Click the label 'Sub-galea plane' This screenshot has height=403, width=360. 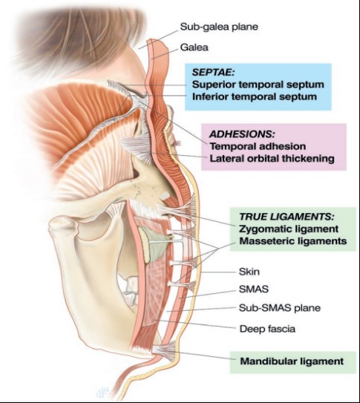(x=219, y=27)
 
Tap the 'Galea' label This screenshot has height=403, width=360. (x=194, y=47)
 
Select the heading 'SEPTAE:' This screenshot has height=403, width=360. (x=213, y=72)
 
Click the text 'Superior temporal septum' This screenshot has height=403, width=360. (x=258, y=85)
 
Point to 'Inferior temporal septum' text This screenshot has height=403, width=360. (x=255, y=96)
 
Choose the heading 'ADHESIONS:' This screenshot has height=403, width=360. (x=242, y=134)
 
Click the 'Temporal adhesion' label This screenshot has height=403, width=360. (x=258, y=146)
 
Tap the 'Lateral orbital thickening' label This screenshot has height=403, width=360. (x=272, y=158)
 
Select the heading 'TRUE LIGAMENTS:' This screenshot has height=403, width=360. (x=287, y=217)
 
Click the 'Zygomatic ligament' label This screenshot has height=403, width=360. (x=289, y=229)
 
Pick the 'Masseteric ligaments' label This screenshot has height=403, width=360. (x=293, y=241)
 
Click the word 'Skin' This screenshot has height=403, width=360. (x=249, y=272)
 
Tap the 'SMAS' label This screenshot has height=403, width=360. (x=254, y=289)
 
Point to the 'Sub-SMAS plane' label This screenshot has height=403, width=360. (x=280, y=308)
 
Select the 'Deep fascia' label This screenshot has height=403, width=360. (x=267, y=329)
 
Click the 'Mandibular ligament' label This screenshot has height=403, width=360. (x=292, y=361)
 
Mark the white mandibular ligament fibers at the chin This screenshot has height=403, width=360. (x=166, y=350)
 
